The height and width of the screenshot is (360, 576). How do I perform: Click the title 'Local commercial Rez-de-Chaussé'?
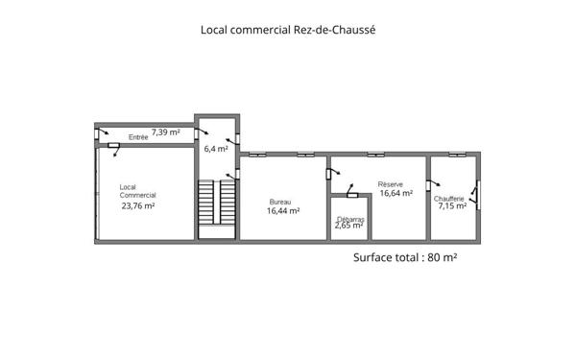(x=288, y=30)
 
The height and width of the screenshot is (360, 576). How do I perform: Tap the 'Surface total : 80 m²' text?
(x=405, y=257)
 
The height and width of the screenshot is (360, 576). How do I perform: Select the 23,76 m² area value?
(x=138, y=205)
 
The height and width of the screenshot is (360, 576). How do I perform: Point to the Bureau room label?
(x=280, y=202)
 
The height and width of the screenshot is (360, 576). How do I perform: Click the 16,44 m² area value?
(x=283, y=211)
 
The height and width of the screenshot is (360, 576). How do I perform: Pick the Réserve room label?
(x=391, y=184)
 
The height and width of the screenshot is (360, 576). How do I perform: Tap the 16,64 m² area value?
(x=396, y=193)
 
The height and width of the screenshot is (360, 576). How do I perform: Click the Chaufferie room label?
(x=449, y=199)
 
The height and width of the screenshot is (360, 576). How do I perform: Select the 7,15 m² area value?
(x=452, y=206)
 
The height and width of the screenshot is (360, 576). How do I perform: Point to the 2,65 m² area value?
(x=349, y=226)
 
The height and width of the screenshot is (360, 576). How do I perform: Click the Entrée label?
(x=138, y=137)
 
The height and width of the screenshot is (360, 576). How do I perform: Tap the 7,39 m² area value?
(x=166, y=132)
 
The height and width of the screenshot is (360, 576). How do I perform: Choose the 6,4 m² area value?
(x=216, y=149)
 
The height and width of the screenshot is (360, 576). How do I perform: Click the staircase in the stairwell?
(x=217, y=202)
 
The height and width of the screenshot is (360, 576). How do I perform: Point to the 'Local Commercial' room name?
(x=137, y=191)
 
